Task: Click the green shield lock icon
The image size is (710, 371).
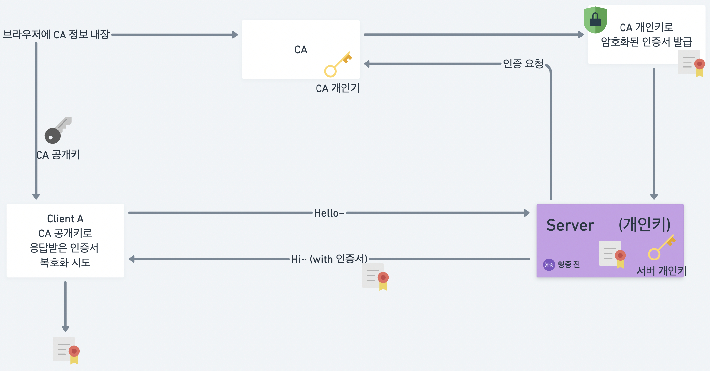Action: pyautogui.click(x=595, y=20)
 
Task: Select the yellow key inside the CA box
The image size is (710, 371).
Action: pyautogui.click(x=338, y=64)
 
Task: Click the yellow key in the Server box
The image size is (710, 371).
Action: pyautogui.click(x=662, y=247)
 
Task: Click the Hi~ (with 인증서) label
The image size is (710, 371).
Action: pyautogui.click(x=329, y=259)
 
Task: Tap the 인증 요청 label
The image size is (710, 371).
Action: pyautogui.click(x=523, y=63)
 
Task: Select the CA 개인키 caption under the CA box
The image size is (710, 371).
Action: pyautogui.click(x=338, y=88)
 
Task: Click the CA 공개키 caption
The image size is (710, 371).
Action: pyautogui.click(x=58, y=155)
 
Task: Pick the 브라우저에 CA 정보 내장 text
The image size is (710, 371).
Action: pyautogui.click(x=56, y=35)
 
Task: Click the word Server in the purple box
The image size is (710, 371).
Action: pyautogui.click(x=570, y=225)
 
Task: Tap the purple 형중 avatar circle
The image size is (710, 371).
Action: pyautogui.click(x=548, y=264)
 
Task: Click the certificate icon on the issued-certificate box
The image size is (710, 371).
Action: pyautogui.click(x=691, y=63)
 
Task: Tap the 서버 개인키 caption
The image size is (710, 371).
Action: pyautogui.click(x=661, y=271)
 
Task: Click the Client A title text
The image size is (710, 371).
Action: pyautogui.click(x=65, y=219)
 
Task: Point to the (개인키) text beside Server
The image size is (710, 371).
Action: pyautogui.click(x=644, y=225)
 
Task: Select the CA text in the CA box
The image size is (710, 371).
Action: pyautogui.click(x=301, y=50)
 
